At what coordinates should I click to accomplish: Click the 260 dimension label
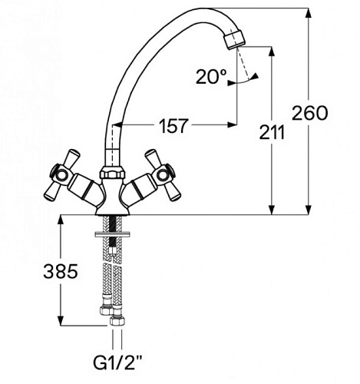[309, 113]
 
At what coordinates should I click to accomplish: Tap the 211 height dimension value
[272, 132]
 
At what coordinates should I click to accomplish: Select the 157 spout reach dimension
[173, 126]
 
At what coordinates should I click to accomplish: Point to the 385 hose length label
[61, 271]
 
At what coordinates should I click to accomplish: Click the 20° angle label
[211, 77]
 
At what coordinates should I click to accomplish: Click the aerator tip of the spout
[235, 39]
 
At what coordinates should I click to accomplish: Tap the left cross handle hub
[61, 175]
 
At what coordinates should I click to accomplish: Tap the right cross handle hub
[163, 175]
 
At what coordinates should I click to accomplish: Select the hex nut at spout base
[113, 173]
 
